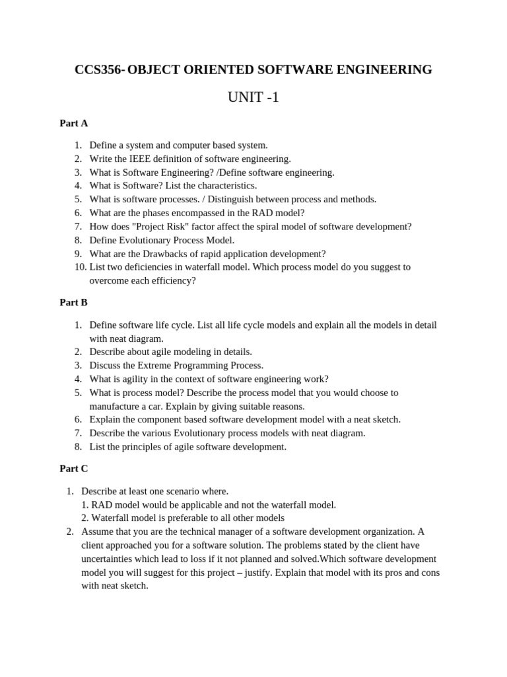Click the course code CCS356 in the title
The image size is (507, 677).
click(x=98, y=69)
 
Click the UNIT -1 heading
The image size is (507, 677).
click(x=253, y=98)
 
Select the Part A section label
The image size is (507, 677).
click(x=73, y=123)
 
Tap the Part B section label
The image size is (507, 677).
click(x=73, y=302)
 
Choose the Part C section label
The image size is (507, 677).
click(x=73, y=469)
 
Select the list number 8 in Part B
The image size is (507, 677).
click(x=78, y=447)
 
